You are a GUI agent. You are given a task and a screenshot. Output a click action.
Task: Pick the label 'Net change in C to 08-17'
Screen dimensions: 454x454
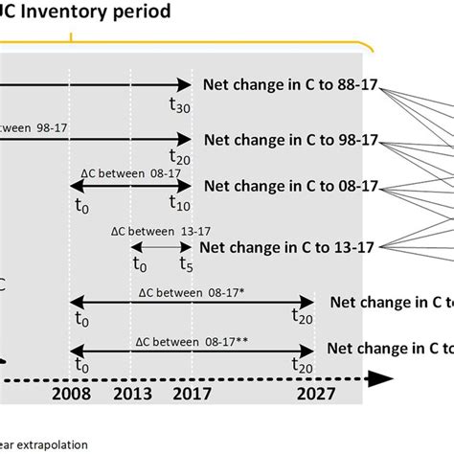tap(292, 185)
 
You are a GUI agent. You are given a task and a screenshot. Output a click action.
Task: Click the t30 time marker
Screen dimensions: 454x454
tap(179, 107)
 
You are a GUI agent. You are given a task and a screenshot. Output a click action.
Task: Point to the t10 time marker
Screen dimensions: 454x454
tap(179, 203)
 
